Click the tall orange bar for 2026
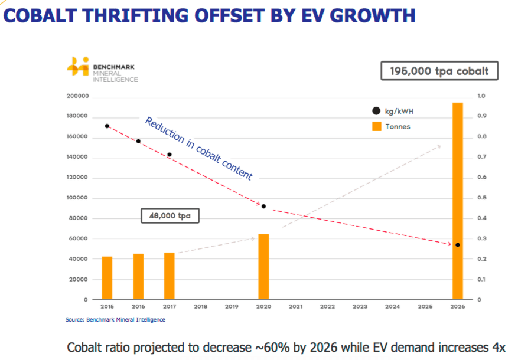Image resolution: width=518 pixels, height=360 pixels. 457,201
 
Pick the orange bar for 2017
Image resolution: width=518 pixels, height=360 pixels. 169,276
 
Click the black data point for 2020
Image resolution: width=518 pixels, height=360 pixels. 263,207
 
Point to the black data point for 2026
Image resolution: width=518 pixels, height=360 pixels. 457,245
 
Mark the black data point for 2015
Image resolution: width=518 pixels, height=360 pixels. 107,126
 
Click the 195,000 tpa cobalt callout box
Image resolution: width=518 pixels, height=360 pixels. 439,71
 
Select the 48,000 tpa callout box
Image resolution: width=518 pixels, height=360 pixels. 170,216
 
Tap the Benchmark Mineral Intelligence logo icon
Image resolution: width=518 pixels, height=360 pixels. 77,66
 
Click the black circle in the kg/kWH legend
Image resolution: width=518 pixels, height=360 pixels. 376,111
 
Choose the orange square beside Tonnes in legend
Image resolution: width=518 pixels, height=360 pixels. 376,126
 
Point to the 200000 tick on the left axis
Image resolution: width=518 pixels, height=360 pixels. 78,96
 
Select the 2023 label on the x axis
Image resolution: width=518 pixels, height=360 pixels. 359,307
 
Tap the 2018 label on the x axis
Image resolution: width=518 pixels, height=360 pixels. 200,307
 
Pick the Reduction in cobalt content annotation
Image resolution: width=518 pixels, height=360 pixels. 198,149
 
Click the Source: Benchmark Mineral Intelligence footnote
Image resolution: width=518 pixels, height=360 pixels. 115,320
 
